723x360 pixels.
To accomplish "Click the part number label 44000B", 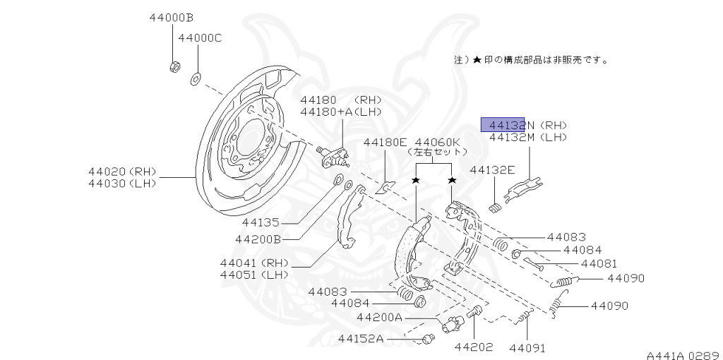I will (x=171, y=17).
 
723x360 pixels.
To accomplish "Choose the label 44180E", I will (x=386, y=142).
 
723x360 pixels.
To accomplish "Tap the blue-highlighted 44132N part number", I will (x=503, y=125).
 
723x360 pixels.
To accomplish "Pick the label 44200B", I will (x=258, y=239).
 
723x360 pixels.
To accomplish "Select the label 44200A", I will (x=379, y=318).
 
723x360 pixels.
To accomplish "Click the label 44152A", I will (x=360, y=339).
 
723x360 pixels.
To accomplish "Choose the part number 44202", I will (x=473, y=347).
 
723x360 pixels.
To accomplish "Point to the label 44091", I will (x=527, y=347).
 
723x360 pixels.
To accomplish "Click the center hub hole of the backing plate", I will (x=251, y=134).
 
